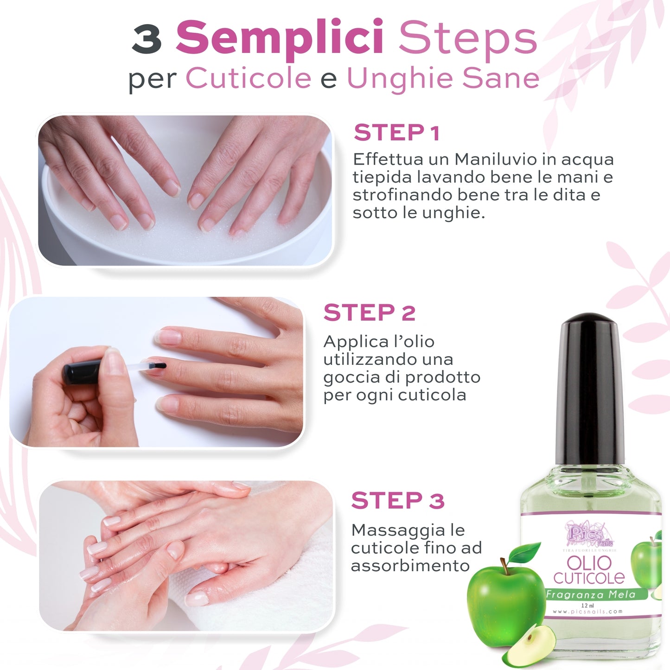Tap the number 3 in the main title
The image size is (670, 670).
[147, 39]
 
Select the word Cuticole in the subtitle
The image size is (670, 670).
[249, 78]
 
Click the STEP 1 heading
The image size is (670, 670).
[396, 133]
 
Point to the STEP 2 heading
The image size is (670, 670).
[369, 313]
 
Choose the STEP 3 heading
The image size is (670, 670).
[397, 501]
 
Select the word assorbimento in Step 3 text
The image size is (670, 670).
[410, 566]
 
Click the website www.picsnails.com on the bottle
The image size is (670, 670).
[587, 612]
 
